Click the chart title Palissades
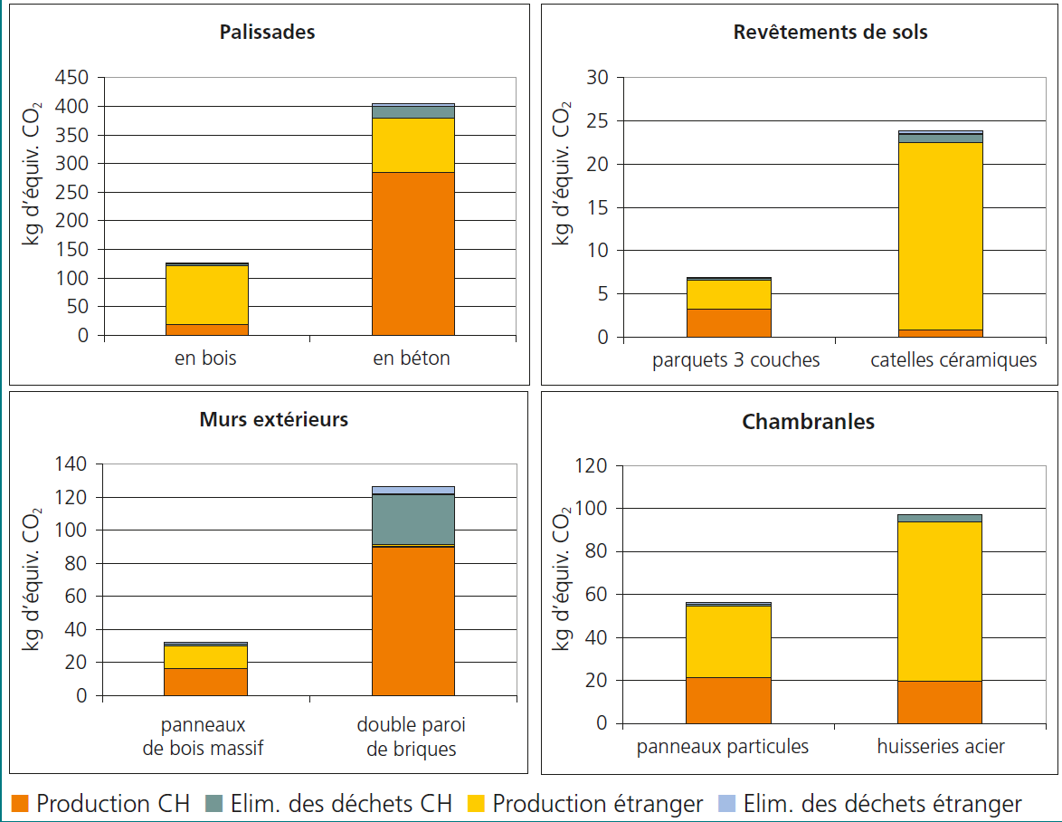pos(267,33)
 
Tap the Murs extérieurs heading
pos(273,420)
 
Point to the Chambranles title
pos(808,422)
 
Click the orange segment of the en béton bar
pos(412,253)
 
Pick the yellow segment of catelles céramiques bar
pos(940,235)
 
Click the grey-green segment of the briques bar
pos(412,520)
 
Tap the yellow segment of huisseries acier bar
pos(940,601)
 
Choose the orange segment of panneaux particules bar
pos(728,701)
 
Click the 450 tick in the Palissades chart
pos(71,78)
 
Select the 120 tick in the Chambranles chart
pos(595,466)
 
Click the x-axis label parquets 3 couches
pos(735,360)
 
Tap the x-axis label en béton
pos(412,358)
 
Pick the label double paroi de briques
pos(412,737)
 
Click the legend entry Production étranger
pos(597,804)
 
